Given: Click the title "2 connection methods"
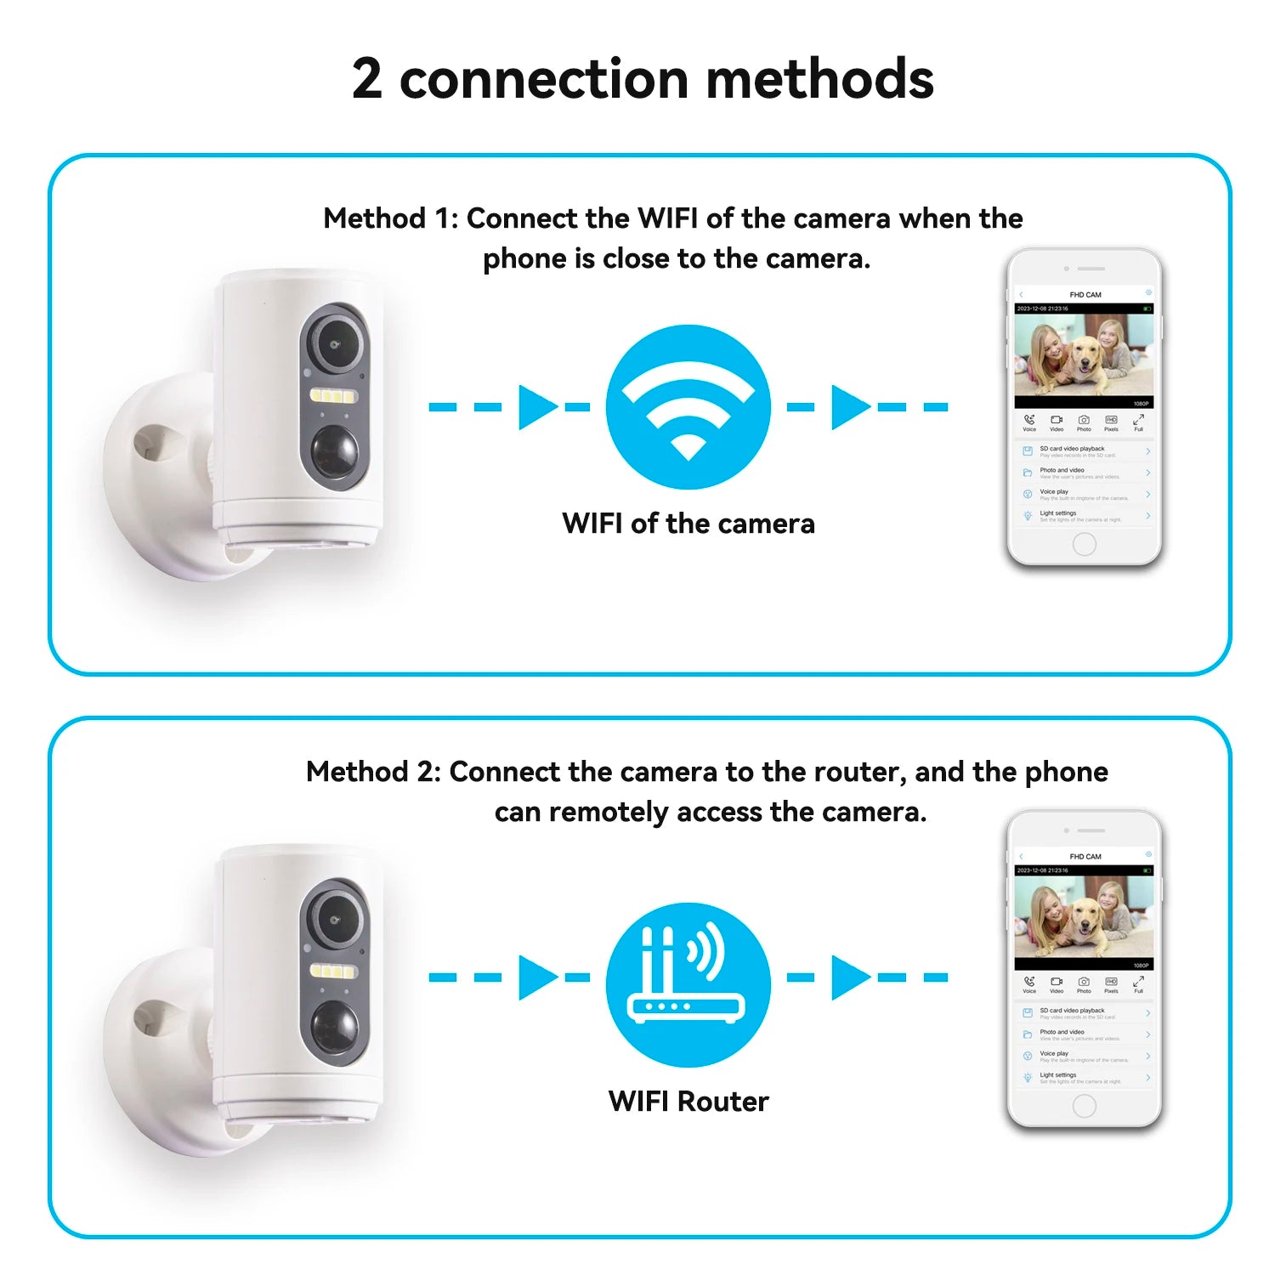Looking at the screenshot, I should (643, 79).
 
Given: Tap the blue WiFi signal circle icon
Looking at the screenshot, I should (688, 406).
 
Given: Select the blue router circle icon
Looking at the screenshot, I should (688, 984).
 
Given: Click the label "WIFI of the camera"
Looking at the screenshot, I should (688, 524).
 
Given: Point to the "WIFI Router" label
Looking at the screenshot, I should (688, 1102).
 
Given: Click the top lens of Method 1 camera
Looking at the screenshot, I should (335, 343).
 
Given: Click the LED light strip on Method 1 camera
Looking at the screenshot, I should (333, 396).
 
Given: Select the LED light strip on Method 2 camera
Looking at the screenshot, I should (333, 972).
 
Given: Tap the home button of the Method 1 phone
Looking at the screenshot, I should (1084, 544).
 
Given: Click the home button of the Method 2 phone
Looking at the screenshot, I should (1084, 1105).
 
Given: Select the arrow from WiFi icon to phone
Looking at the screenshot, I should (850, 407).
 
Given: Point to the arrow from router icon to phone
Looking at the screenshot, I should (850, 977).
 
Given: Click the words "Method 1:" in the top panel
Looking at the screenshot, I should (390, 218).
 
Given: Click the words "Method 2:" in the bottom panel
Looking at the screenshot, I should (373, 772).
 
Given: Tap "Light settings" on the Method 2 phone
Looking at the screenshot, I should (1058, 1075).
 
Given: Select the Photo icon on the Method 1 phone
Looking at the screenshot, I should (1084, 421).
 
